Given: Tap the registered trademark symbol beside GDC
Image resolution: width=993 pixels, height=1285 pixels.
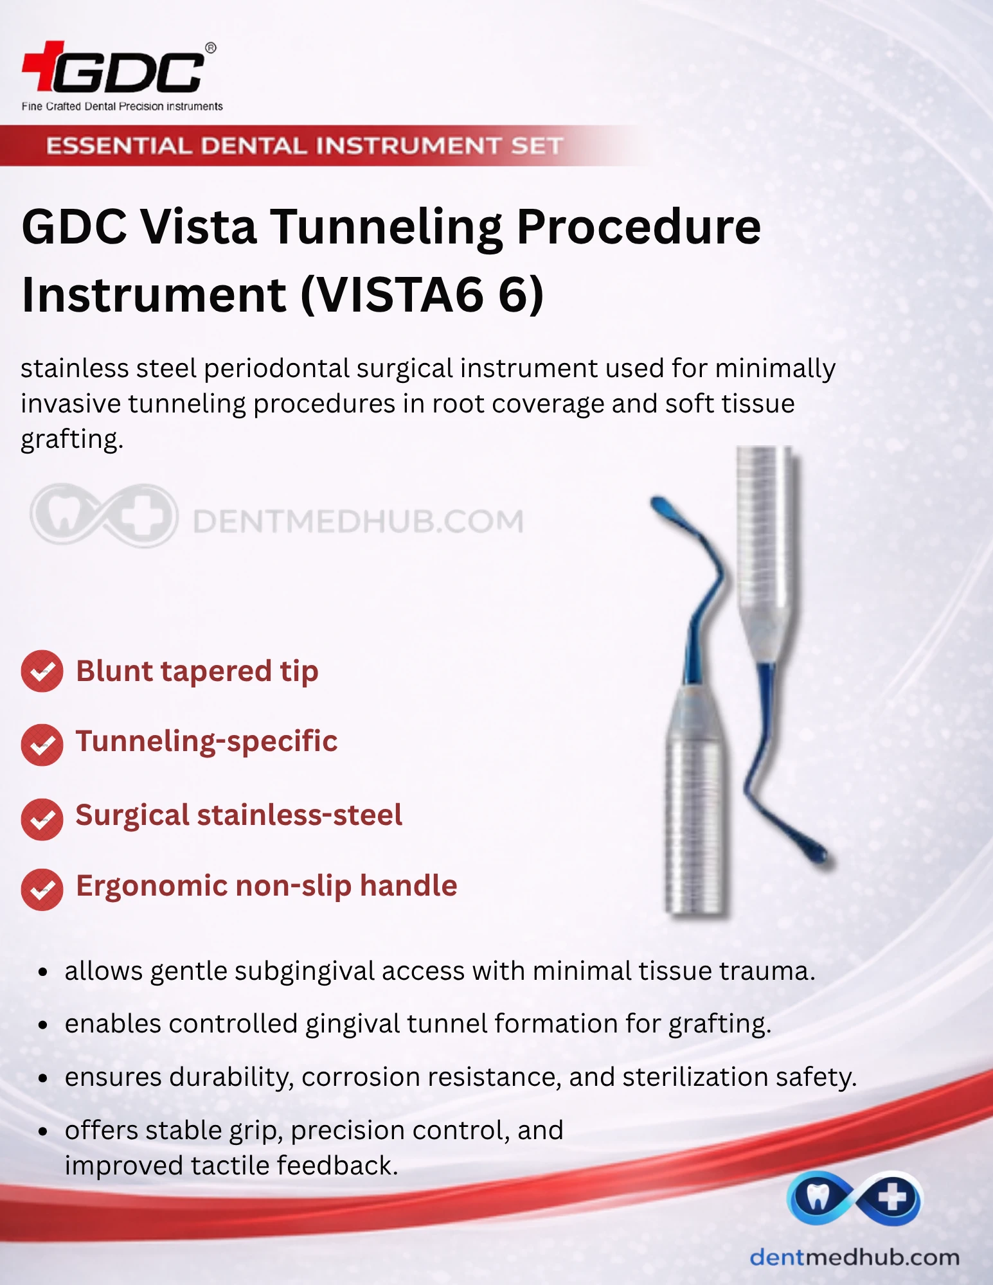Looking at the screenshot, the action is point(210,48).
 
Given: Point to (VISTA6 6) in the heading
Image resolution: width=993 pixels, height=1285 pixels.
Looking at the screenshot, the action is point(422,295).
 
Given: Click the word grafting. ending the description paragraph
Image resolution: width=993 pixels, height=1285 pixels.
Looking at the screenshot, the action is point(72,440).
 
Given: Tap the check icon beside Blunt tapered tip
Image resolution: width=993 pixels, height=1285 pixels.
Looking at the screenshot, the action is point(42,671).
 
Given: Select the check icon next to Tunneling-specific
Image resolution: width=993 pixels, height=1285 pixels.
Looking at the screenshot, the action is point(42,745).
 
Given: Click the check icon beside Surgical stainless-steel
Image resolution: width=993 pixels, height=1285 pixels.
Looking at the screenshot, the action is point(42,819).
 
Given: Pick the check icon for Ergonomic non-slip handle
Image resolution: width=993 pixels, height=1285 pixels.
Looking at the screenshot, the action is point(42,890).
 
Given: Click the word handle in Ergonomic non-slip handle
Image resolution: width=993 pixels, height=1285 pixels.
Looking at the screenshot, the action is point(408,885).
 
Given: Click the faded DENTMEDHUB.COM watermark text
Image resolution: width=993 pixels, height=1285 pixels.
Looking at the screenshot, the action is point(358,521).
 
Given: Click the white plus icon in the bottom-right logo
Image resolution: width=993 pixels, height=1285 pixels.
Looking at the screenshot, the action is point(892,1198).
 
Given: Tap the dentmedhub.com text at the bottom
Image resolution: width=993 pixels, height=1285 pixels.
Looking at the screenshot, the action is point(854,1257).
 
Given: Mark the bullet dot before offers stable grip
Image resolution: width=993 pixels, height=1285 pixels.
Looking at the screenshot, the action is point(43,1131).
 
